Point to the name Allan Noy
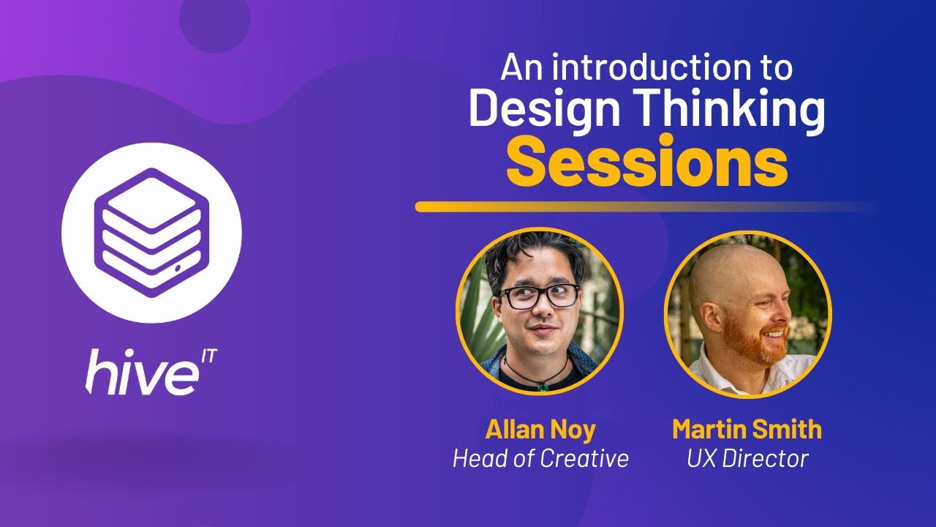point(540,428)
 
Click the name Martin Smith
point(747,428)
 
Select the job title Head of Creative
point(540,458)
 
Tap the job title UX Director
point(747,458)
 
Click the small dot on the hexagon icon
point(178,269)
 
